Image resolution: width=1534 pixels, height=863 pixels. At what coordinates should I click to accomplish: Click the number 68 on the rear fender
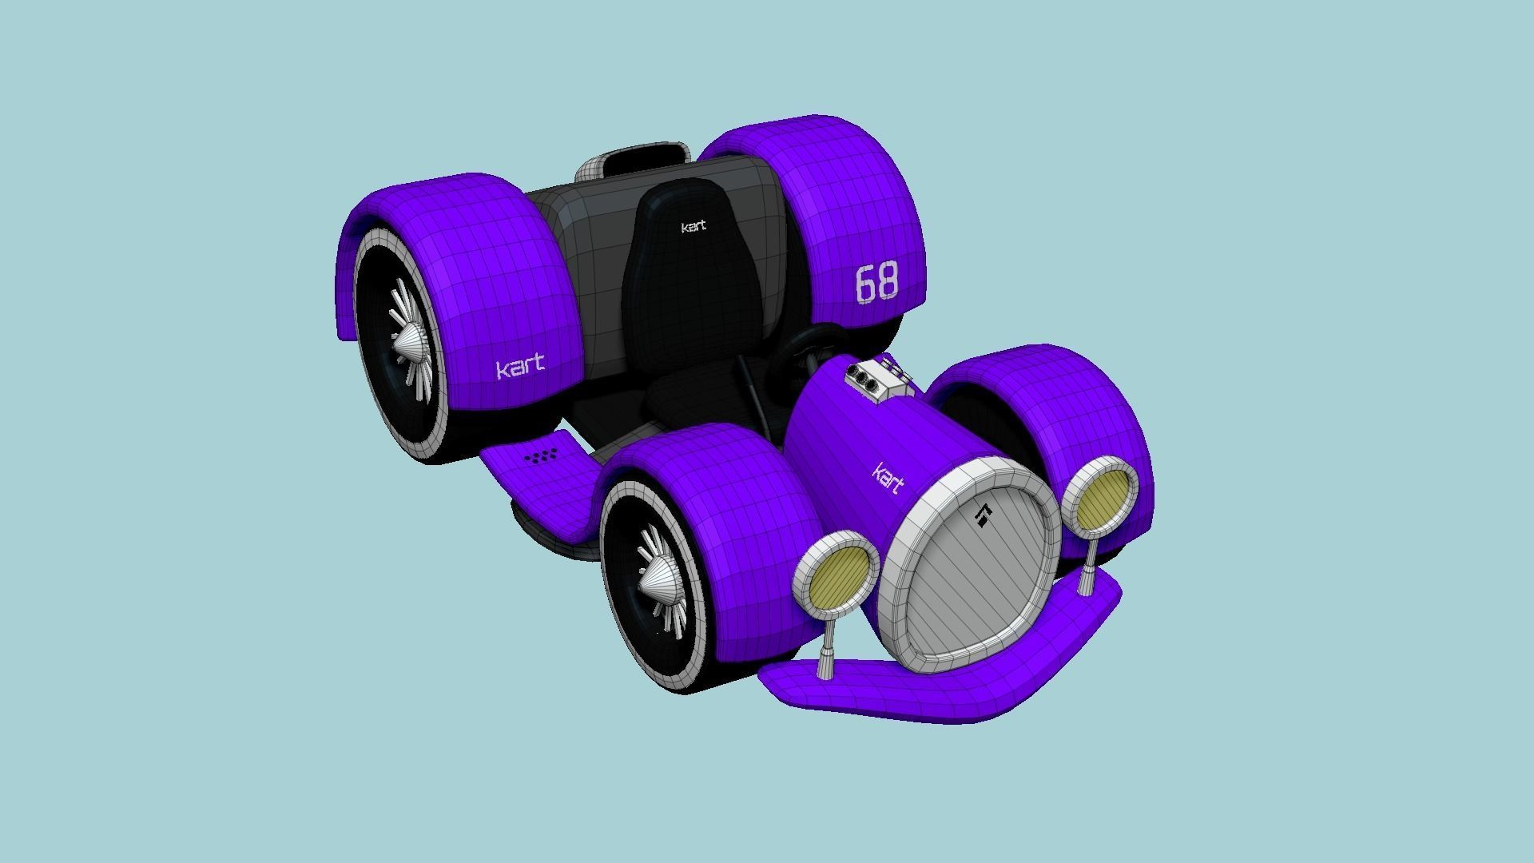(x=876, y=283)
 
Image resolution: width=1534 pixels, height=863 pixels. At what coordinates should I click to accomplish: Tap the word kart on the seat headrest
(x=693, y=227)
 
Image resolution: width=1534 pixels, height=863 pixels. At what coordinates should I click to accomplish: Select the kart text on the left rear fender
(x=520, y=368)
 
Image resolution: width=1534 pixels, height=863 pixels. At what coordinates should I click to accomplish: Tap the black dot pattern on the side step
(x=542, y=457)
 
